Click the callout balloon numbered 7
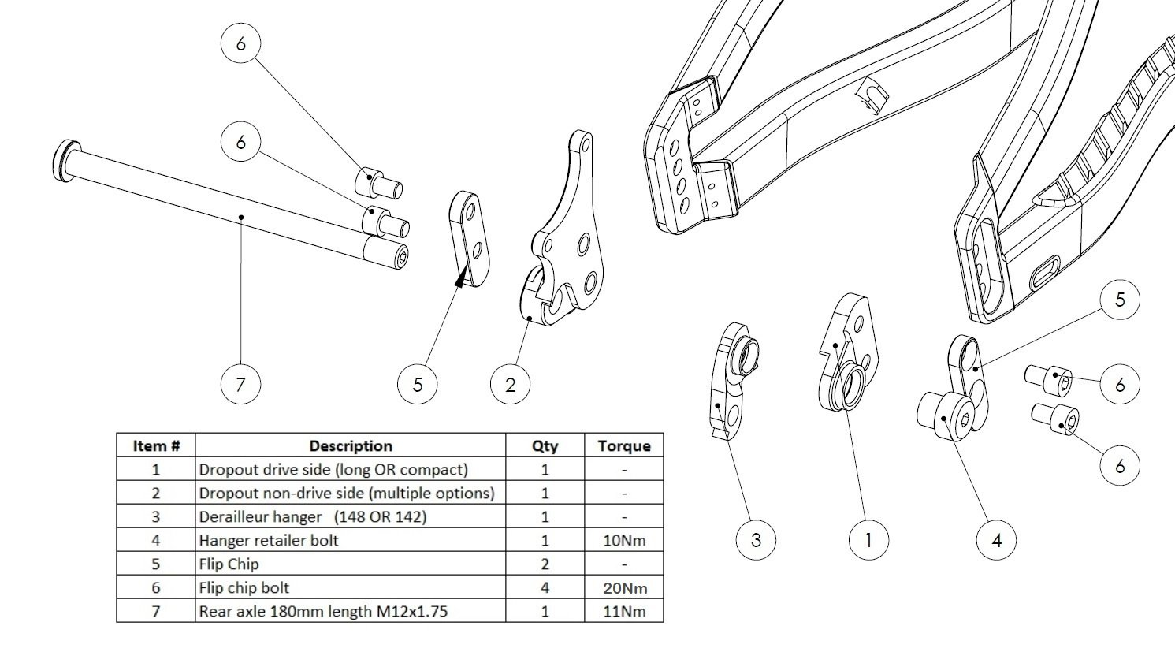240,385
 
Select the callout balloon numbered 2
510,385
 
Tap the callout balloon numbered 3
756,540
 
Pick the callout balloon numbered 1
868,540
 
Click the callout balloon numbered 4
996,540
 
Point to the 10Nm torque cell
623,540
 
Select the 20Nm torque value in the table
623,587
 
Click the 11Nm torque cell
623,611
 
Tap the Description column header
350,445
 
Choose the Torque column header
623,445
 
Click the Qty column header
545,445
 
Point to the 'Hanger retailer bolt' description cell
269,540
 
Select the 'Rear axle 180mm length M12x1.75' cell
323,611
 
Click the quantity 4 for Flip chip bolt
545,587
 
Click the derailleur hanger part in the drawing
733,378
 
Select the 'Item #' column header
156,445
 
